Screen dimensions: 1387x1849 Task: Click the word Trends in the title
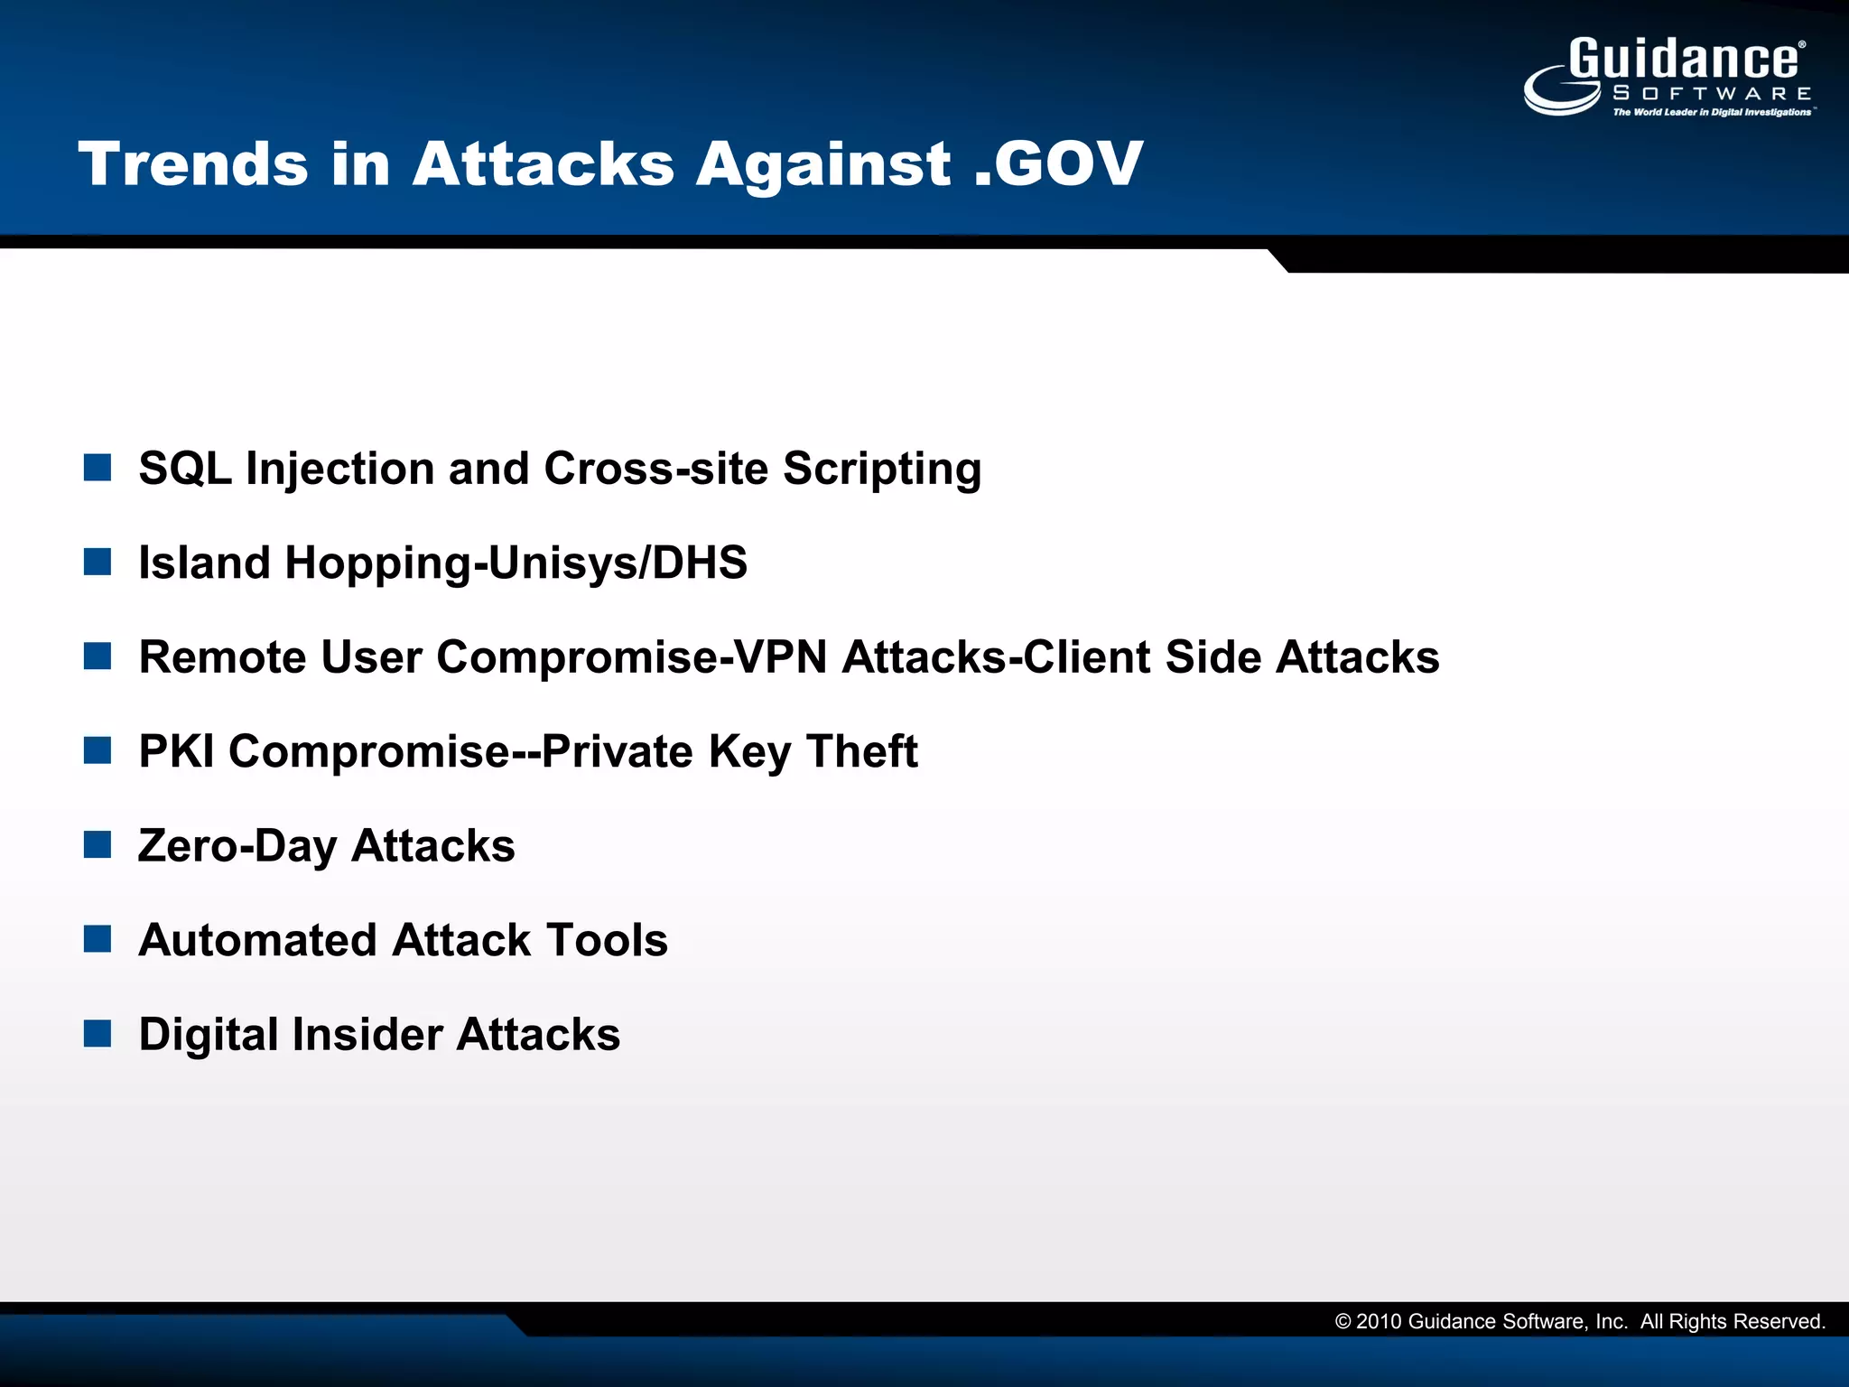pyautogui.click(x=193, y=164)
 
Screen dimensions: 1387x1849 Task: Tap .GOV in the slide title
pyautogui.click(x=1058, y=164)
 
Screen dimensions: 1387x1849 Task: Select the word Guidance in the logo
pyautogui.click(x=1684, y=60)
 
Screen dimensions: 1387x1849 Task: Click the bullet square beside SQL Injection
pyautogui.click(x=98, y=468)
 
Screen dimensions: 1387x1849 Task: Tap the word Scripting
pyautogui.click(x=881, y=469)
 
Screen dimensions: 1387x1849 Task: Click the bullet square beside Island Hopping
pyautogui.click(x=98, y=562)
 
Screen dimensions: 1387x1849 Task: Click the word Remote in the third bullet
pyautogui.click(x=222, y=656)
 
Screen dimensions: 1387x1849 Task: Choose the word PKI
pyautogui.click(x=177, y=751)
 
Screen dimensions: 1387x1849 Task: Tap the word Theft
pyautogui.click(x=861, y=751)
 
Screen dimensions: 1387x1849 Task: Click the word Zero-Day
pyautogui.click(x=237, y=846)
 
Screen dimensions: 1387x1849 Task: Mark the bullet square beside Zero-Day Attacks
pyautogui.click(x=98, y=845)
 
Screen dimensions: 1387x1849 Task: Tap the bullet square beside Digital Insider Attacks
pyautogui.click(x=98, y=1034)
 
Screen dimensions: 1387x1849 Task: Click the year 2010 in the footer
pyautogui.click(x=1378, y=1322)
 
